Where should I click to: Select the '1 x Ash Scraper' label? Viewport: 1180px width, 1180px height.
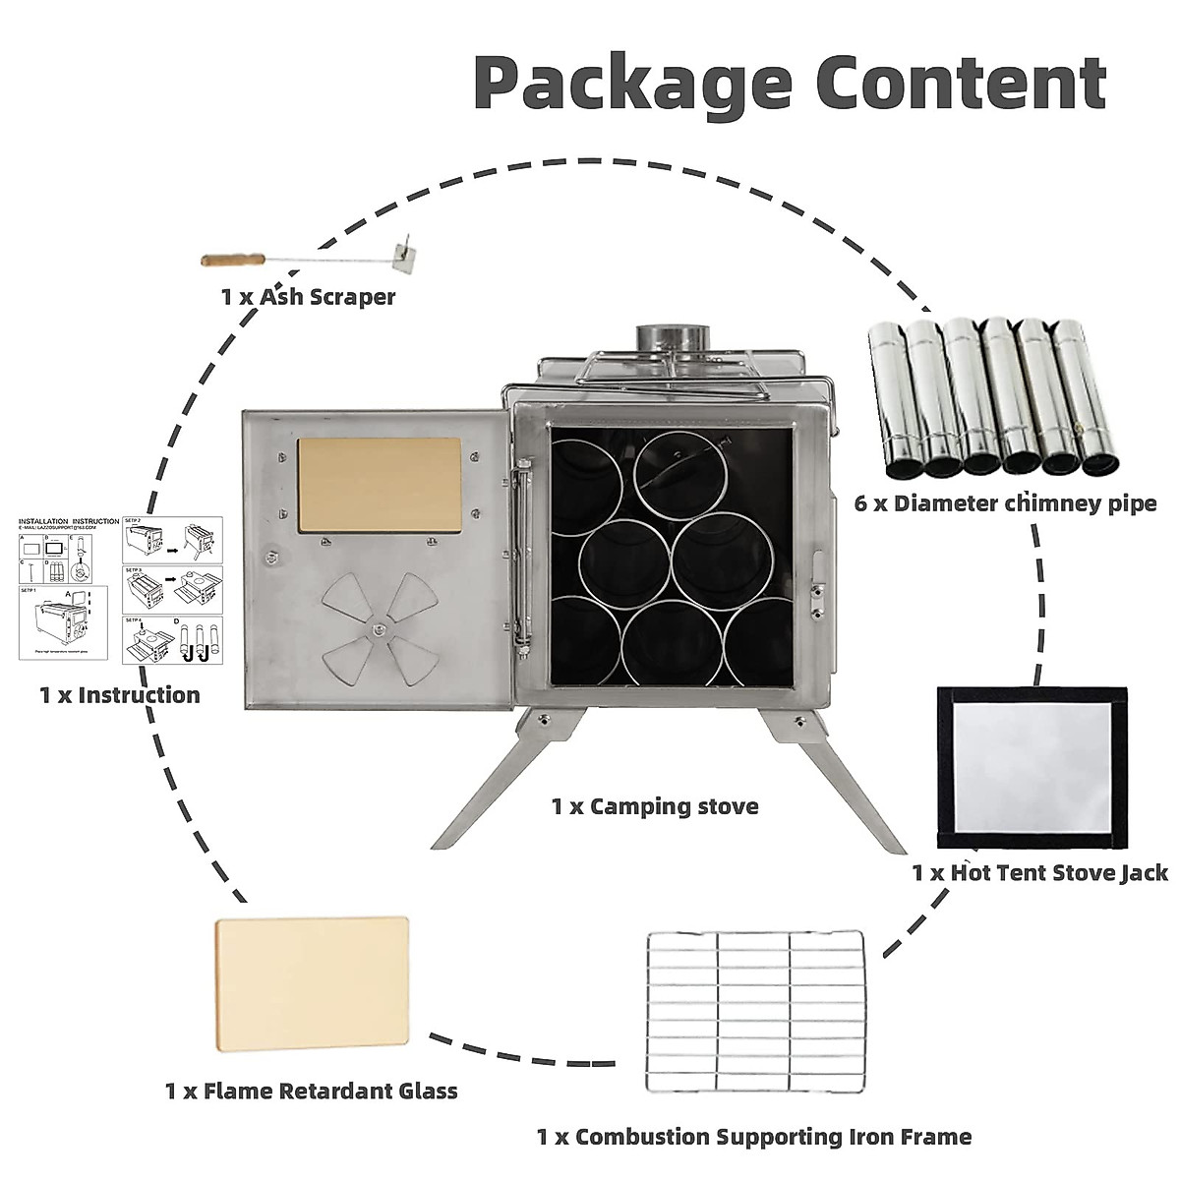tap(308, 296)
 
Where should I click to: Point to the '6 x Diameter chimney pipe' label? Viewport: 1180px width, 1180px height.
tap(1005, 504)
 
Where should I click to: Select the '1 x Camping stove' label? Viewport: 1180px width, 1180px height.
tap(655, 806)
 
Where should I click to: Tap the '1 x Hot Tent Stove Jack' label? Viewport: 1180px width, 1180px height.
tap(1039, 872)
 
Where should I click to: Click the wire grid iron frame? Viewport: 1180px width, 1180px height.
tap(755, 1010)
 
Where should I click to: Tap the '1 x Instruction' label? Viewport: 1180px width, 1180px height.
tap(120, 695)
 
